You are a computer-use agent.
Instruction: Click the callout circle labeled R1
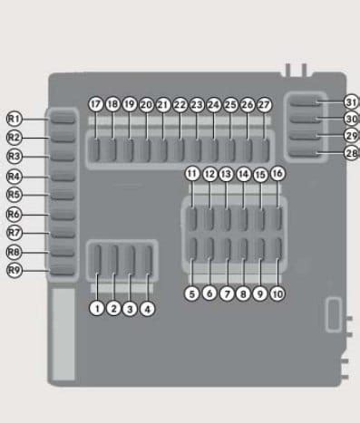15,119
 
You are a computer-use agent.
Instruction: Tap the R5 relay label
15,195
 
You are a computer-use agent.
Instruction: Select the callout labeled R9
15,270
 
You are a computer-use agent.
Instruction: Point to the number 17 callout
96,104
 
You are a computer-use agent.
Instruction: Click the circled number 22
180,105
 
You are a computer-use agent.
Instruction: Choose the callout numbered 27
264,105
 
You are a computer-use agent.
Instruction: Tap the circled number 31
352,102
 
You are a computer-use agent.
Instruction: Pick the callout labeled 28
352,153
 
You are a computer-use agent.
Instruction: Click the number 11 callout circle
192,174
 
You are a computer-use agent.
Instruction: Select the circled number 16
277,173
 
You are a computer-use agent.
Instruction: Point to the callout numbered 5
191,293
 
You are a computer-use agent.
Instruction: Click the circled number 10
277,294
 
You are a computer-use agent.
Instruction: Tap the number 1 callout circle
97,309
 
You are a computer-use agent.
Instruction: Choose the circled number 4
148,309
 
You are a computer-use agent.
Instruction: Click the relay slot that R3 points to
63,155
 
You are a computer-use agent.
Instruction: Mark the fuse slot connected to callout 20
147,150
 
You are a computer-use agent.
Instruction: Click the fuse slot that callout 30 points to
304,120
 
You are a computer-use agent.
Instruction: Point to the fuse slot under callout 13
226,219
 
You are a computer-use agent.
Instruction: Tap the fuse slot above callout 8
243,248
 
